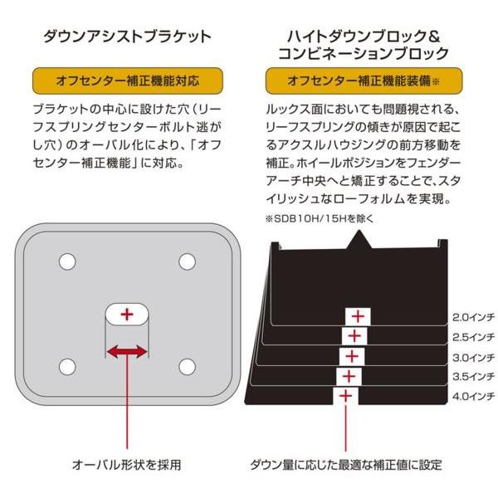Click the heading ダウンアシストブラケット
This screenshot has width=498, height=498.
[x=126, y=37]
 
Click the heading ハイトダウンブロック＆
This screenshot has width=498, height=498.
[x=357, y=37]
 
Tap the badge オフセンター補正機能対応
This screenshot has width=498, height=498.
[x=126, y=81]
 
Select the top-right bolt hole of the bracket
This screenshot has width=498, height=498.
[x=186, y=261]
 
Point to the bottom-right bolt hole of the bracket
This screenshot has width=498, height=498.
[x=186, y=365]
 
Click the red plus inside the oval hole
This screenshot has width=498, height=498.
[x=126, y=315]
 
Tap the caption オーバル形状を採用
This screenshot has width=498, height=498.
[x=126, y=463]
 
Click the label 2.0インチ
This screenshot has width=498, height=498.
[x=474, y=316]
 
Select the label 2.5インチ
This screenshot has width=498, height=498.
[x=474, y=336]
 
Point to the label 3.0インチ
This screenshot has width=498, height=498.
[x=474, y=356]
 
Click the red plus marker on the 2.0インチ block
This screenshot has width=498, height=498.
[x=358, y=316]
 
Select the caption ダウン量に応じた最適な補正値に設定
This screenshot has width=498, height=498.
[x=346, y=463]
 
